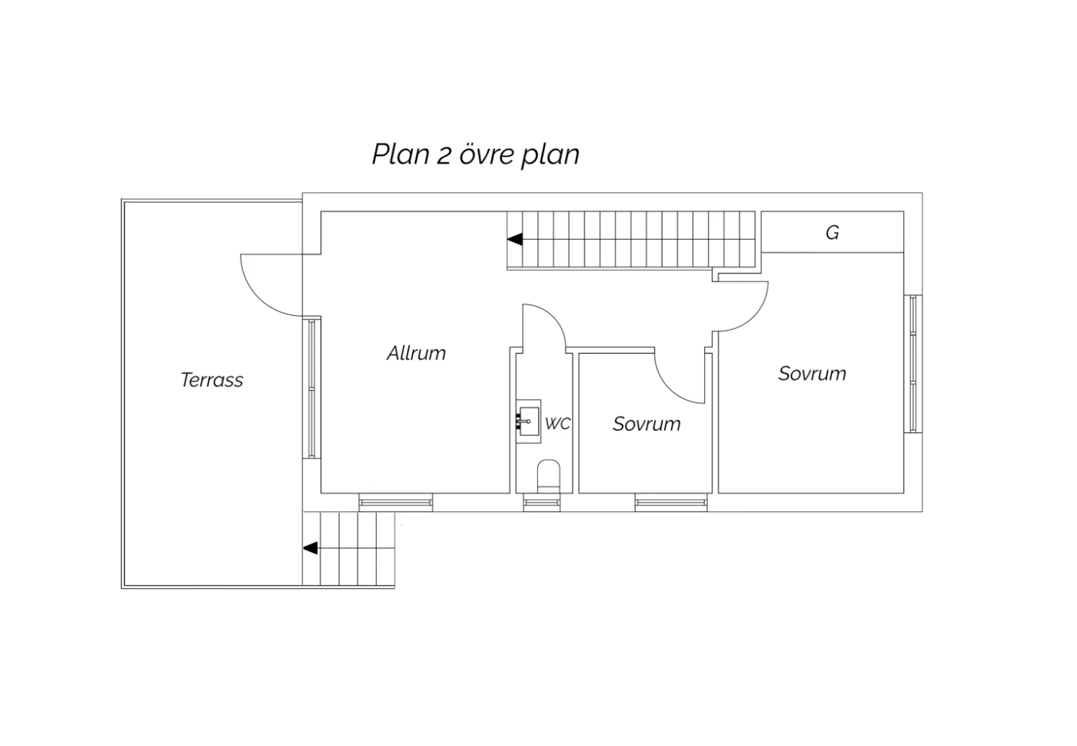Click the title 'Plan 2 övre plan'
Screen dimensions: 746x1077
[475, 154]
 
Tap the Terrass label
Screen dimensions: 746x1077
[212, 380]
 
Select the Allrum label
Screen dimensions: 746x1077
[416, 353]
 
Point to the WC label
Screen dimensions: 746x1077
[557, 424]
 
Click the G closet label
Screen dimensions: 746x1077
[832, 233]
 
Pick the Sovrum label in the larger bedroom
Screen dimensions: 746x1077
[812, 373]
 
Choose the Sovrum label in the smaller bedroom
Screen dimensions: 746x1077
[646, 424]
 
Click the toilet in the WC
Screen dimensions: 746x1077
[549, 476]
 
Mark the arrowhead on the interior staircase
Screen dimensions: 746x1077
[515, 240]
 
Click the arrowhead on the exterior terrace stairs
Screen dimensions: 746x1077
[310, 549]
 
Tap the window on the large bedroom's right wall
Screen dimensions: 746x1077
[913, 363]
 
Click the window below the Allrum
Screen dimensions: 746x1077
[396, 503]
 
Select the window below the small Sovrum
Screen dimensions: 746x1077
[671, 503]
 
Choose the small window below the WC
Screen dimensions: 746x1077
[541, 503]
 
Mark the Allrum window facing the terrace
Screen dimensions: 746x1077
[312, 388]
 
